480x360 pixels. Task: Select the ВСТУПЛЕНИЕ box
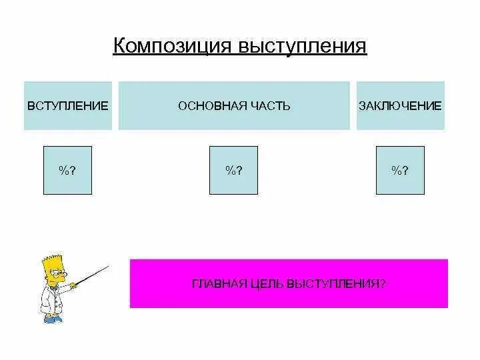[x=67, y=105]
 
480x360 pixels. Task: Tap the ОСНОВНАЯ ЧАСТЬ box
[x=234, y=105]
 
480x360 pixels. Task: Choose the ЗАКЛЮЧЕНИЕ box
[x=400, y=105]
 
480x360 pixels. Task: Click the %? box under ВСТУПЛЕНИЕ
[x=67, y=170]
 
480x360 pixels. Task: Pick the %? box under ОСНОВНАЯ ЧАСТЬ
[x=233, y=170]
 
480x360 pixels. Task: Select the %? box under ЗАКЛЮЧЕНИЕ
[x=400, y=170]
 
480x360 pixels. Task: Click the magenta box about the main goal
[x=289, y=283]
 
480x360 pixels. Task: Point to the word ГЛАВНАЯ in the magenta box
[x=215, y=283]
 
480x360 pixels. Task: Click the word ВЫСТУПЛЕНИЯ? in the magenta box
[x=337, y=283]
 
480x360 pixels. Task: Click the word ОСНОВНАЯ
[x=206, y=105]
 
